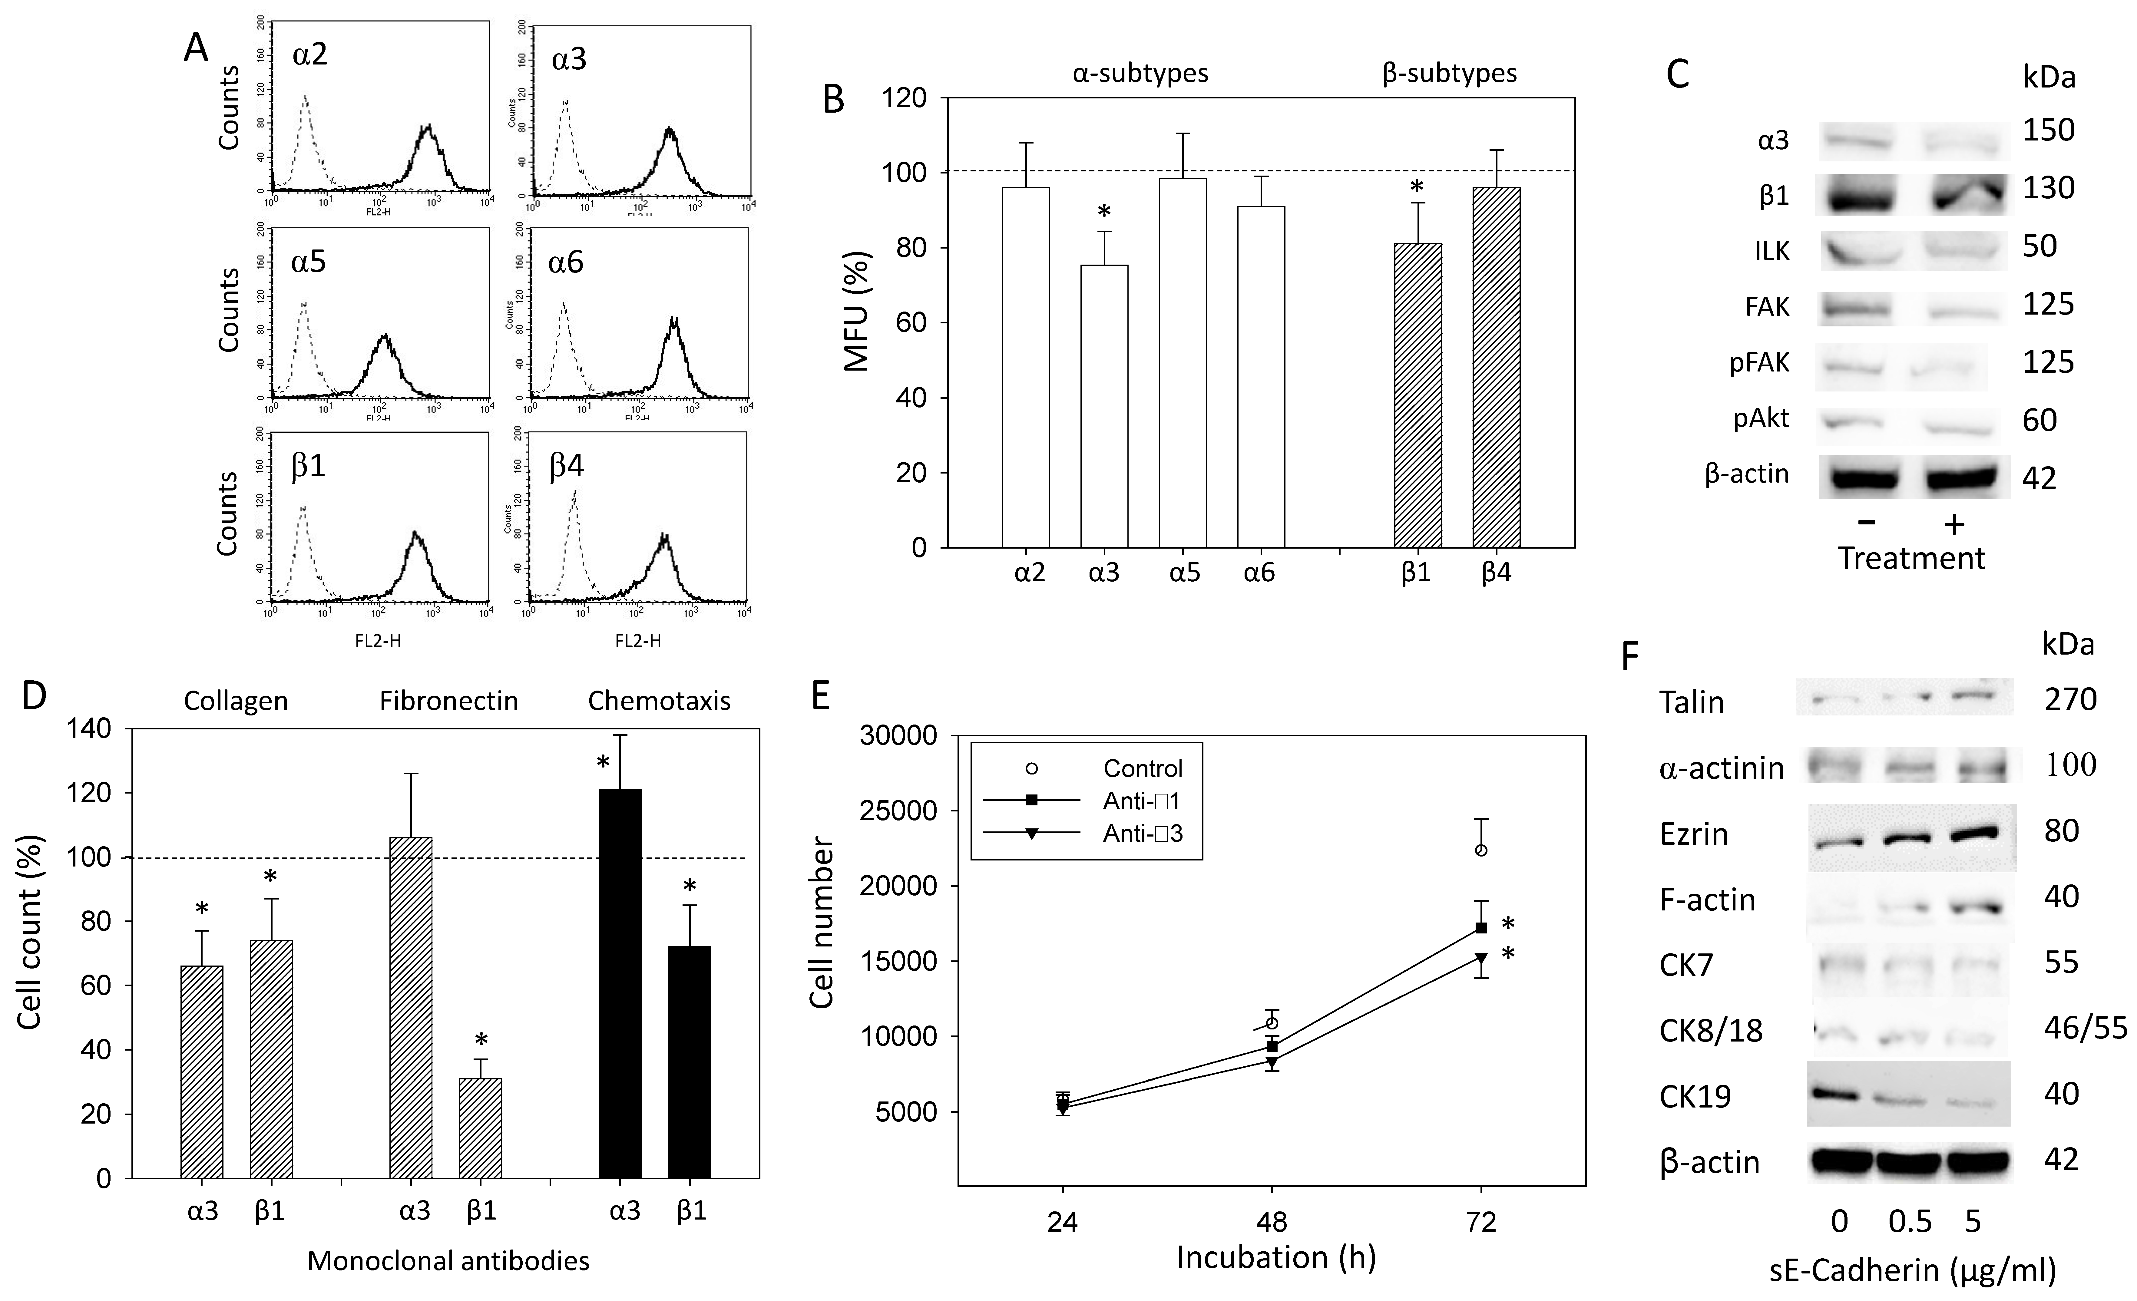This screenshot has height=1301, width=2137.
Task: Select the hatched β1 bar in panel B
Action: pos(1417,395)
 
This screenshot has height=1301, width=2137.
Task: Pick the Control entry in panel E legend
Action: pos(1141,768)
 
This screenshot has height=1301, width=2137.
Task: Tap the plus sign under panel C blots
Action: pos(1954,523)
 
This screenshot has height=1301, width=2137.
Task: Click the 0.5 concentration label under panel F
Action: pos(1910,1221)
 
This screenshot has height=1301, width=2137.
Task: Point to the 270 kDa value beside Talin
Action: pos(2069,699)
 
